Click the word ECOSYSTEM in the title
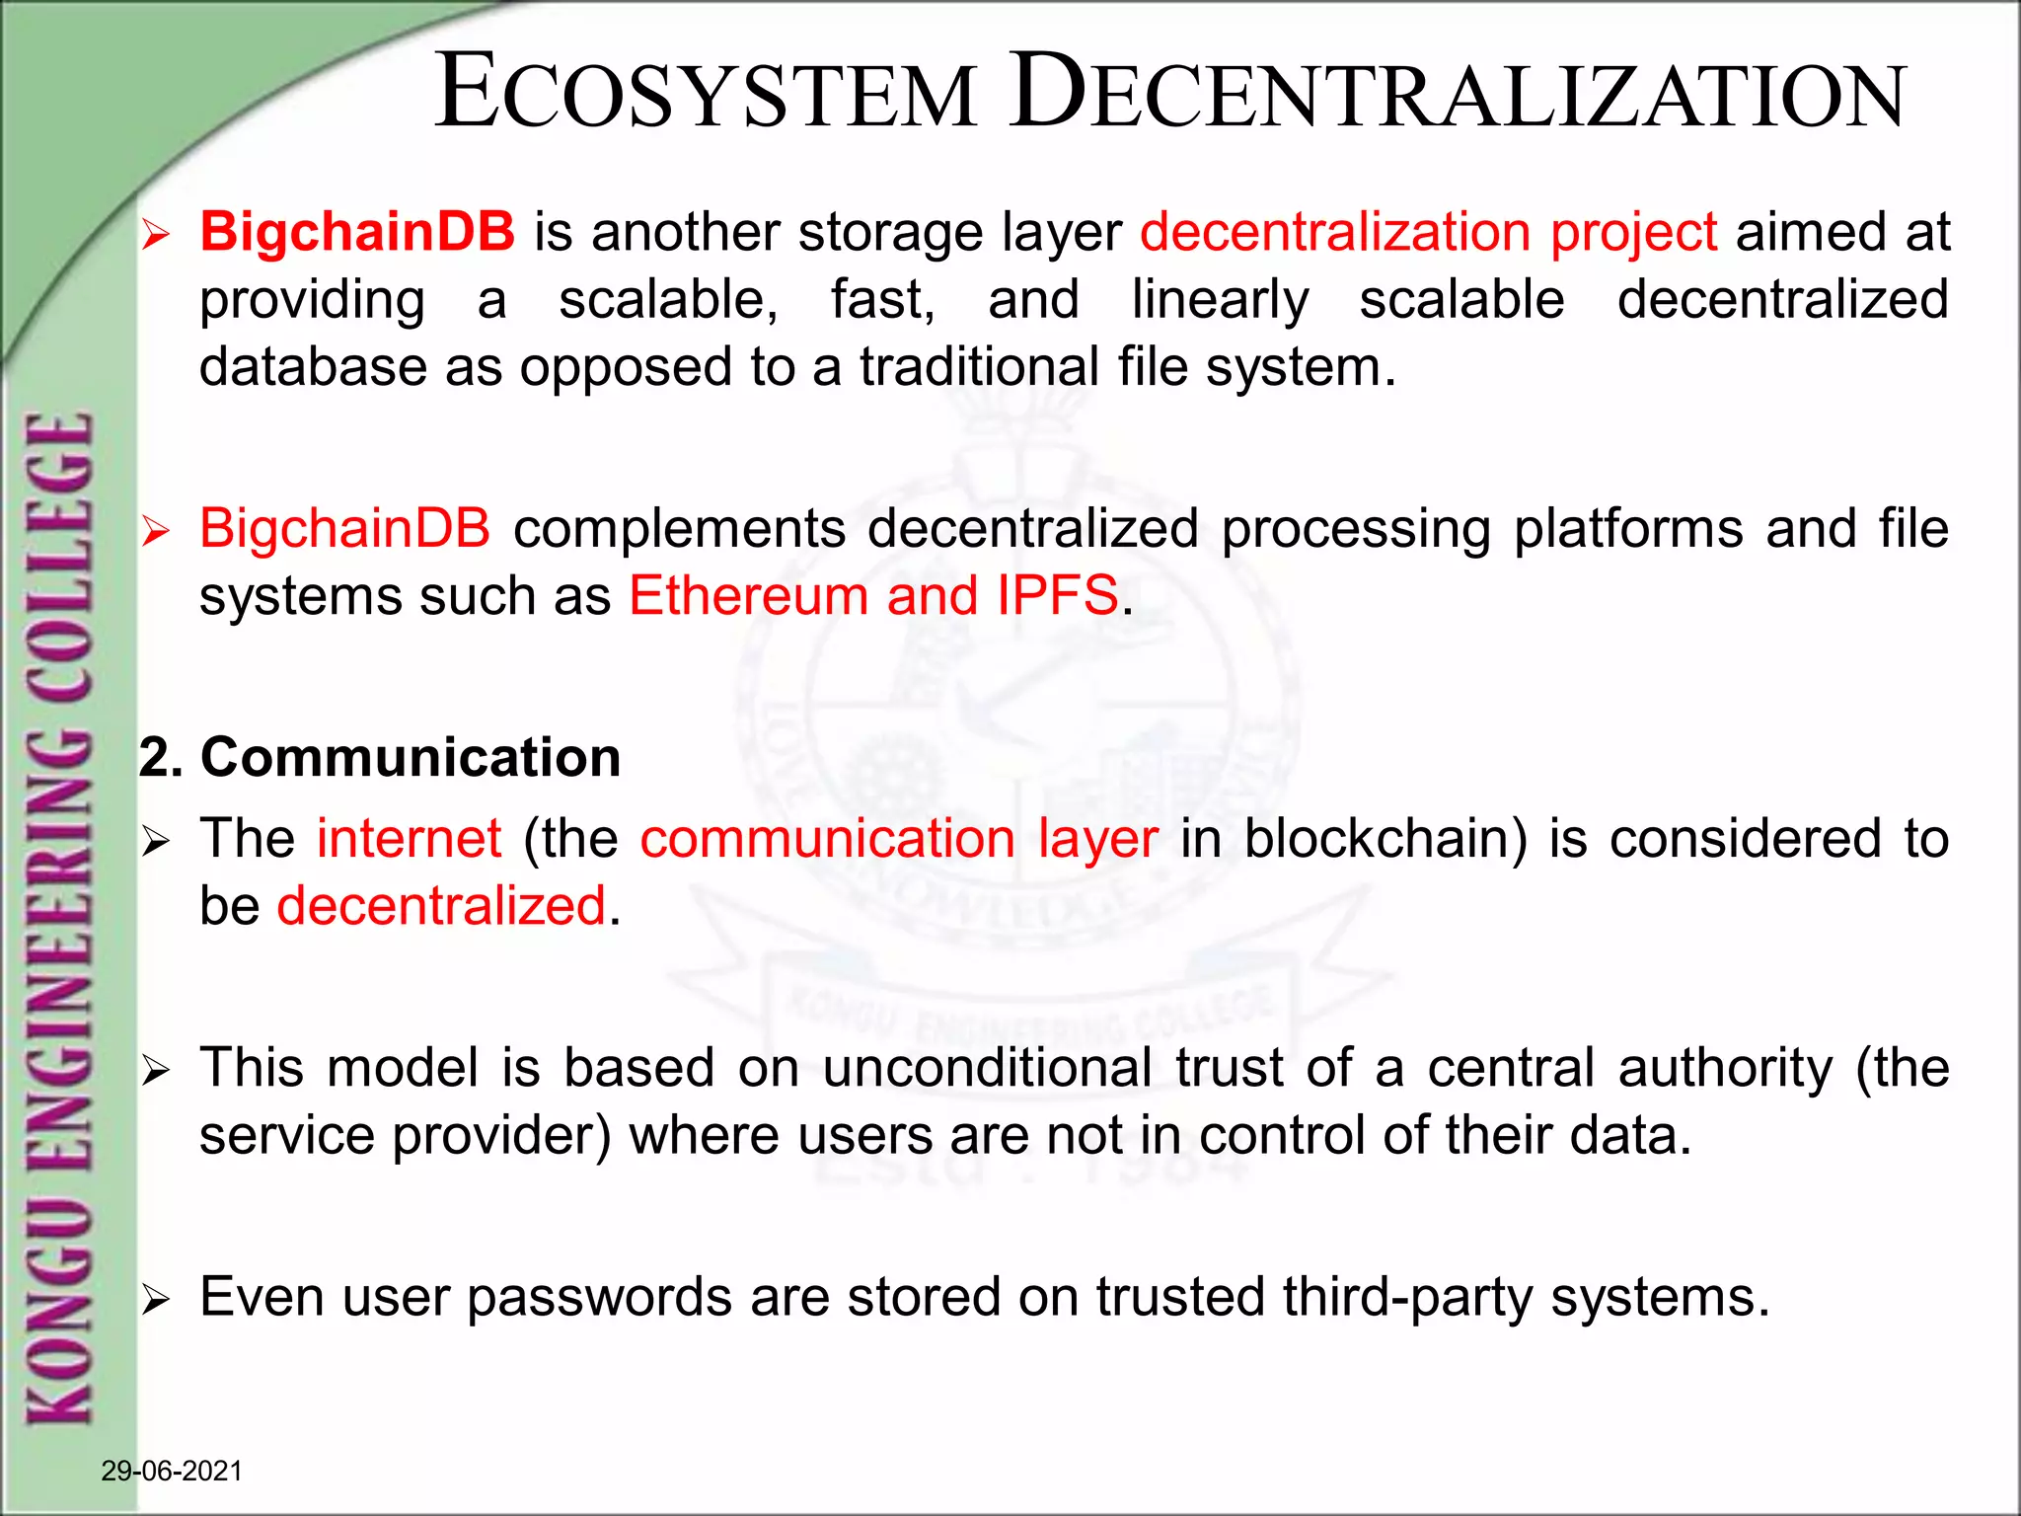pyautogui.click(x=705, y=94)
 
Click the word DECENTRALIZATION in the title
pyautogui.click(x=1458, y=94)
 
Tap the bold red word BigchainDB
pyautogui.click(x=357, y=232)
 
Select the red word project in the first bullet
pyautogui.click(x=1633, y=234)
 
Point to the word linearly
pyautogui.click(x=1220, y=300)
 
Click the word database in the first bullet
pyautogui.click(x=312, y=367)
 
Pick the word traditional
pyautogui.click(x=979, y=367)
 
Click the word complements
pyautogui.click(x=679, y=529)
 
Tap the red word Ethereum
pyautogui.click(x=748, y=596)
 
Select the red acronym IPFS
pyautogui.click(x=1057, y=596)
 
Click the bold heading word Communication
pyautogui.click(x=411, y=758)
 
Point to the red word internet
pyautogui.click(x=409, y=839)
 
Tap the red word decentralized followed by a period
pyautogui.click(x=441, y=906)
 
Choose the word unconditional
pyautogui.click(x=987, y=1068)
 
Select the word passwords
pyautogui.click(x=599, y=1297)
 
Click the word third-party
pyautogui.click(x=1407, y=1297)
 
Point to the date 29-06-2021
pyautogui.click(x=172, y=1471)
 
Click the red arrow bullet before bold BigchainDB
pyautogui.click(x=156, y=236)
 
